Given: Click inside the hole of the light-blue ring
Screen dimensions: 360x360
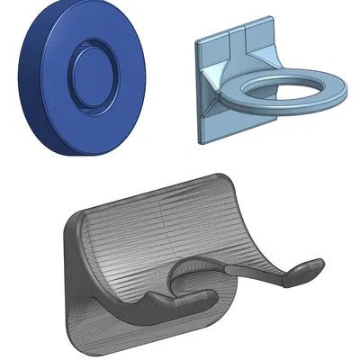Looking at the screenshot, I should click(x=287, y=87).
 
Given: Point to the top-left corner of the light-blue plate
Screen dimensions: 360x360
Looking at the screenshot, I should click(x=198, y=40).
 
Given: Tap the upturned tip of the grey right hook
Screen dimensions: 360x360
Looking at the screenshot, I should click(x=312, y=263).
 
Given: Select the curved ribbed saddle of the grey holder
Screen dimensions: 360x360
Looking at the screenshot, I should click(x=162, y=234).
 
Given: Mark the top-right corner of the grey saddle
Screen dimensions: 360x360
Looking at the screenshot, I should click(x=226, y=177).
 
